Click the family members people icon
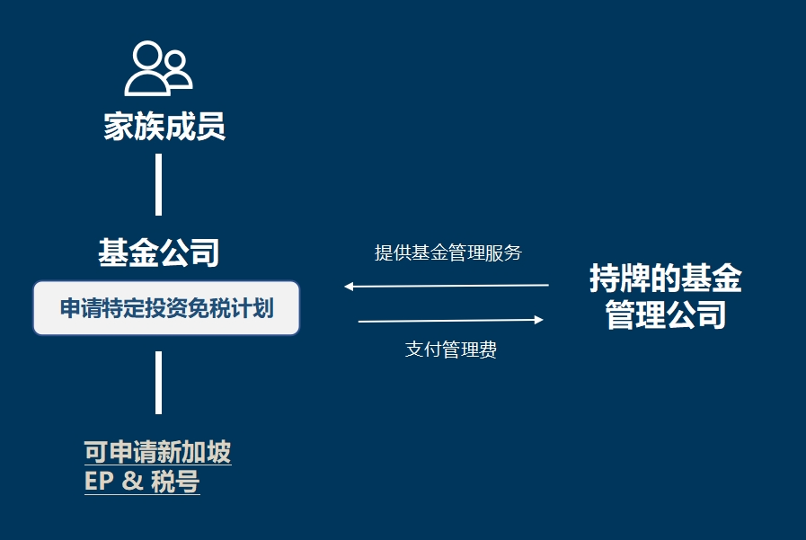coord(158,68)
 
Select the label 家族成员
coord(164,127)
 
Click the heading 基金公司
coord(159,252)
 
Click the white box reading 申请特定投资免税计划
coord(166,308)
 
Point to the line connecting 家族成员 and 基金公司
coord(158,184)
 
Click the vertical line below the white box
coord(158,383)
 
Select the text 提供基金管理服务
coord(448,252)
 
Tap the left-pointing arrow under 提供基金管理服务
coord(447,286)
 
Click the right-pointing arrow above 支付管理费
coord(451,320)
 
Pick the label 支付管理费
coord(451,350)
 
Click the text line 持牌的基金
coord(666,278)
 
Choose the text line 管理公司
coord(666,314)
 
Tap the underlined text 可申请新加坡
coord(158,452)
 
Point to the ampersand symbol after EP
coord(132,482)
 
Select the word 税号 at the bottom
coord(175,482)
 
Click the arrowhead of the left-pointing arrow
coord(349,287)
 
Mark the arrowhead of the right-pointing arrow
coord(539,320)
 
